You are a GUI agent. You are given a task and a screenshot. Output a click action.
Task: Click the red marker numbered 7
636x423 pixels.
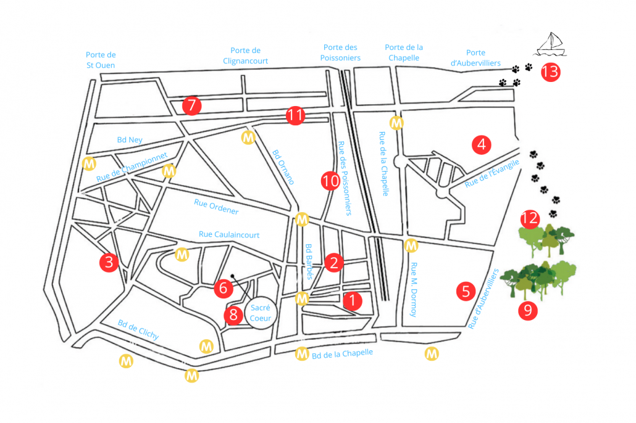pos(192,105)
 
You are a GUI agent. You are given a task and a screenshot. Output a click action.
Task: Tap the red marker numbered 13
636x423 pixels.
pos(550,72)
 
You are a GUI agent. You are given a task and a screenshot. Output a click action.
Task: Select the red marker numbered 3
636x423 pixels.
pos(109,262)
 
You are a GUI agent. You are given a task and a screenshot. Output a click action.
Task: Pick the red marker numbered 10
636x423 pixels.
pos(330,181)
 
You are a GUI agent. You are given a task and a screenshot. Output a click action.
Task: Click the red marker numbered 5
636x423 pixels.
pos(466,290)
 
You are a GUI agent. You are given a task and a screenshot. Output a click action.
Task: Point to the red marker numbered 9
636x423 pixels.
pos(527,310)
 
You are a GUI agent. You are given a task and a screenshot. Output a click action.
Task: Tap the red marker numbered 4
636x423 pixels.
pos(481,145)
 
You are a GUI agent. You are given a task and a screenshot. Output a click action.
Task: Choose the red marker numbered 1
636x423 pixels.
pos(351,300)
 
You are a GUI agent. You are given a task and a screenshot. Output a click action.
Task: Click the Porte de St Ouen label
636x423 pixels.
pos(100,60)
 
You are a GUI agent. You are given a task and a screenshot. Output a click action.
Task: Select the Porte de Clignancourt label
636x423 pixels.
pos(245,55)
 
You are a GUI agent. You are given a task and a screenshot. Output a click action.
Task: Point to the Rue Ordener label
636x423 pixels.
pos(216,207)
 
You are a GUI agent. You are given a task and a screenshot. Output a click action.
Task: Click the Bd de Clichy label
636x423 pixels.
pos(138,330)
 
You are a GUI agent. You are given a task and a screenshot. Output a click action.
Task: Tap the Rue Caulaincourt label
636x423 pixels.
pos(229,234)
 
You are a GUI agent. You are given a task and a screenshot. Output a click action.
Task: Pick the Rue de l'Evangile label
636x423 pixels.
pos(492,173)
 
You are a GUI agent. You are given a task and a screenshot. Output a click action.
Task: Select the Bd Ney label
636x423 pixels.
pos(130,140)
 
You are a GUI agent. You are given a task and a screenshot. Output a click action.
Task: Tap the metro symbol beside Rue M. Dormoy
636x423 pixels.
pos(411,245)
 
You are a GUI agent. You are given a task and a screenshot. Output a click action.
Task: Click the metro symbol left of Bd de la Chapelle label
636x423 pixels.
pos(302,353)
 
